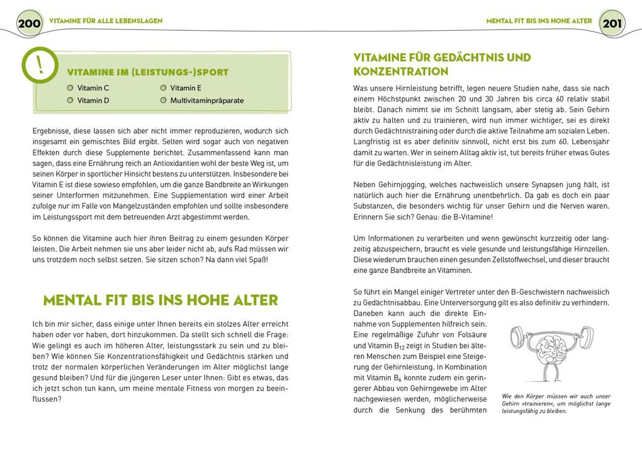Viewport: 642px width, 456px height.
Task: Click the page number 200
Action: [x=29, y=24]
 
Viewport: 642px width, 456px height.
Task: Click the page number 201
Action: [x=612, y=24]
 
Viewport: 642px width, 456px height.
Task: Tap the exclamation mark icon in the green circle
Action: [x=40, y=66]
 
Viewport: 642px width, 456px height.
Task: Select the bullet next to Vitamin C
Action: [x=70, y=88]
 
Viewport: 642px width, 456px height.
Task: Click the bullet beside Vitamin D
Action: [x=70, y=100]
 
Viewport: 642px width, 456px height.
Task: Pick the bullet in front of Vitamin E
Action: [x=163, y=88]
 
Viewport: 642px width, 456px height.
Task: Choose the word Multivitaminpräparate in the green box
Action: [x=206, y=100]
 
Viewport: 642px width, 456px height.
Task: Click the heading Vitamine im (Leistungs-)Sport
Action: [x=147, y=72]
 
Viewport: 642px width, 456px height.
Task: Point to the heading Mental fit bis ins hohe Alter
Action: [x=160, y=300]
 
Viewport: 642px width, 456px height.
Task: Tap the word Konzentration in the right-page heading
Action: [x=400, y=72]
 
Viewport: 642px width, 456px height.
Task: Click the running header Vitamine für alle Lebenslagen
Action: [x=106, y=21]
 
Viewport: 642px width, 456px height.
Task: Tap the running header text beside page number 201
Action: [x=539, y=21]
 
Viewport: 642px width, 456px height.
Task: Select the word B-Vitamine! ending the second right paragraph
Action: [x=467, y=217]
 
